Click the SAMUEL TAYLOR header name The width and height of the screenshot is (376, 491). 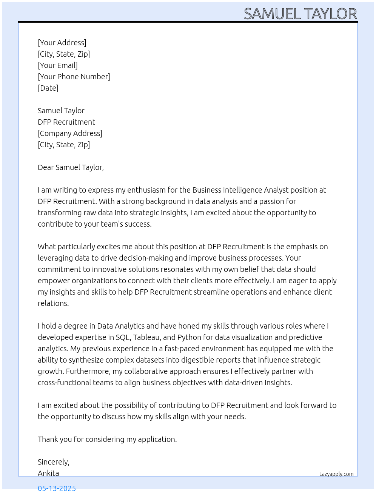pos(300,14)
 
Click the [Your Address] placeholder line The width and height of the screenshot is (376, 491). pos(62,43)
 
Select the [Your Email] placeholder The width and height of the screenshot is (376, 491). pos(58,65)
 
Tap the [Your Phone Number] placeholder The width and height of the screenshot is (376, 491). pos(74,77)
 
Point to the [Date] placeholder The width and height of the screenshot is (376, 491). pos(48,88)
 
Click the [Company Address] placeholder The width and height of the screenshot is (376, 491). pos(70,133)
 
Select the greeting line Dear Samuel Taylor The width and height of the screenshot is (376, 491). pos(71,167)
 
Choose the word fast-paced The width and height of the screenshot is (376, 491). pos(181,349)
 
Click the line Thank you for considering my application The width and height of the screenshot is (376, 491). pos(107,439)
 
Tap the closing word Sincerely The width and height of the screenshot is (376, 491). pos(53,462)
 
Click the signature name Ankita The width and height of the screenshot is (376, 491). pos(48,473)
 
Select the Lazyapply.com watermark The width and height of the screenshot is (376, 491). pos(336,474)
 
